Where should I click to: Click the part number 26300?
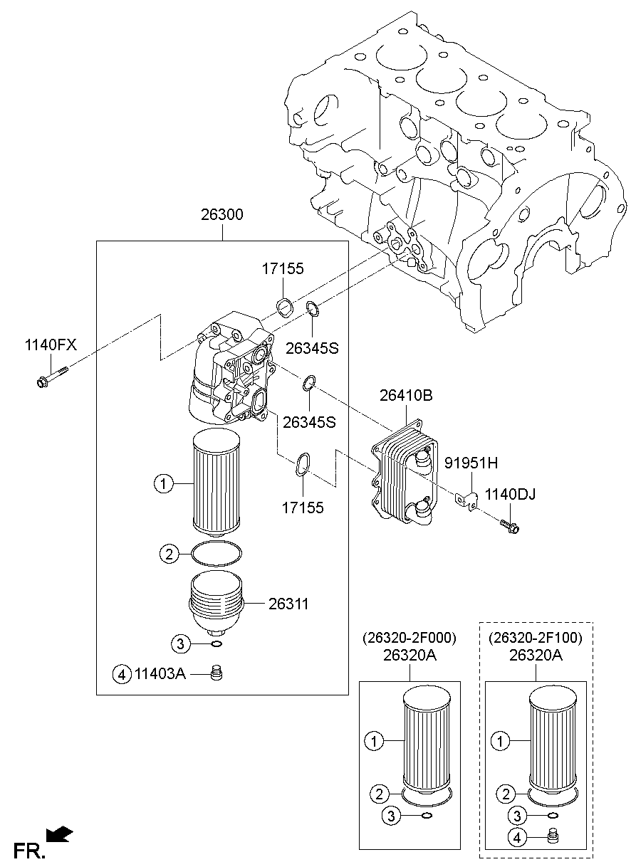click(x=222, y=214)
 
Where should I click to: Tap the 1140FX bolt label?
click(x=51, y=345)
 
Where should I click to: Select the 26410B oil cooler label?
click(x=406, y=395)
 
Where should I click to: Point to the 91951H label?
click(x=471, y=463)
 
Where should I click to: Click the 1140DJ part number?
click(x=510, y=495)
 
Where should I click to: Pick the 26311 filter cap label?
click(x=288, y=604)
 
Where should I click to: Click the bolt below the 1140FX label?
click(x=52, y=376)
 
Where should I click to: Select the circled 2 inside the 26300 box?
click(x=170, y=554)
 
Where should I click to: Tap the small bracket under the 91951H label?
click(x=466, y=500)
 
